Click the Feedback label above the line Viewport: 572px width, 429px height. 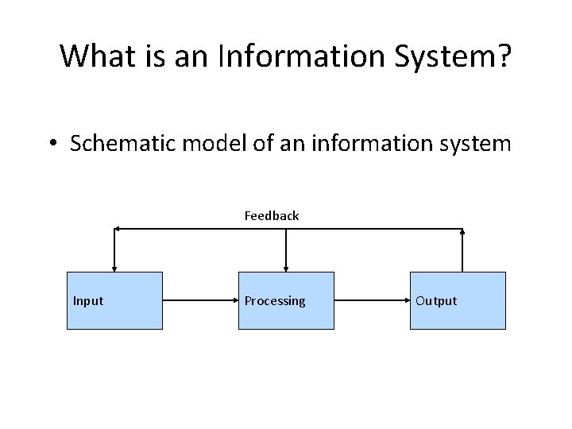272,215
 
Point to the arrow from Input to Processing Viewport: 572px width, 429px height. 200,300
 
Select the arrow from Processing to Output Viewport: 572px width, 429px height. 372,300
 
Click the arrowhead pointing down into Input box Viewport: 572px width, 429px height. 114,268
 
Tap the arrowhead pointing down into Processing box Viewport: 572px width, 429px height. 286,268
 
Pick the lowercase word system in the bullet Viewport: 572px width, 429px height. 477,144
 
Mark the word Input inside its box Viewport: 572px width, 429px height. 88,300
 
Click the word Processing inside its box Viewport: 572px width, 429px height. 275,300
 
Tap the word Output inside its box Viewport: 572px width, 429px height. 436,300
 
